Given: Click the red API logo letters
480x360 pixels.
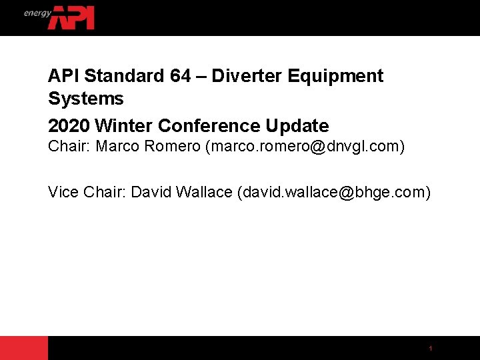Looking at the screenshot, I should coord(71,18).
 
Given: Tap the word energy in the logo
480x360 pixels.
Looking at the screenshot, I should coord(38,13).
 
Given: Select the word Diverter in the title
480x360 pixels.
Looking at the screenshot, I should coord(249,76).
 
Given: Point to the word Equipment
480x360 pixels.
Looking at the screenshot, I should coord(336,76).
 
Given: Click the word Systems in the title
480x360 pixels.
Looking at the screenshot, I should coord(86,99).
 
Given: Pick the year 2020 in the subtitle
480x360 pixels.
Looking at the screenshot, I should coord(69,125).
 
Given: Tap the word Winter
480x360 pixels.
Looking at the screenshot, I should coord(125,125).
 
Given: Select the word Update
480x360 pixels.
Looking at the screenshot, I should coord(297,125).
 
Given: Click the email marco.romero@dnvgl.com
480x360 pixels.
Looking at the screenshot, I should coord(305,146).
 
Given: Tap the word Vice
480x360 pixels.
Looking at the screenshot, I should coord(64,193).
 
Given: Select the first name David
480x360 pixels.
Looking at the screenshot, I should coord(151,193).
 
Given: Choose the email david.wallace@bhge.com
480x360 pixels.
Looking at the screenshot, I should coord(333,193).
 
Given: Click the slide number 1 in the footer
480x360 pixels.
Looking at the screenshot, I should coord(431,349).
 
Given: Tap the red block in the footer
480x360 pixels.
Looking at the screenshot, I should coord(24,348).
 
